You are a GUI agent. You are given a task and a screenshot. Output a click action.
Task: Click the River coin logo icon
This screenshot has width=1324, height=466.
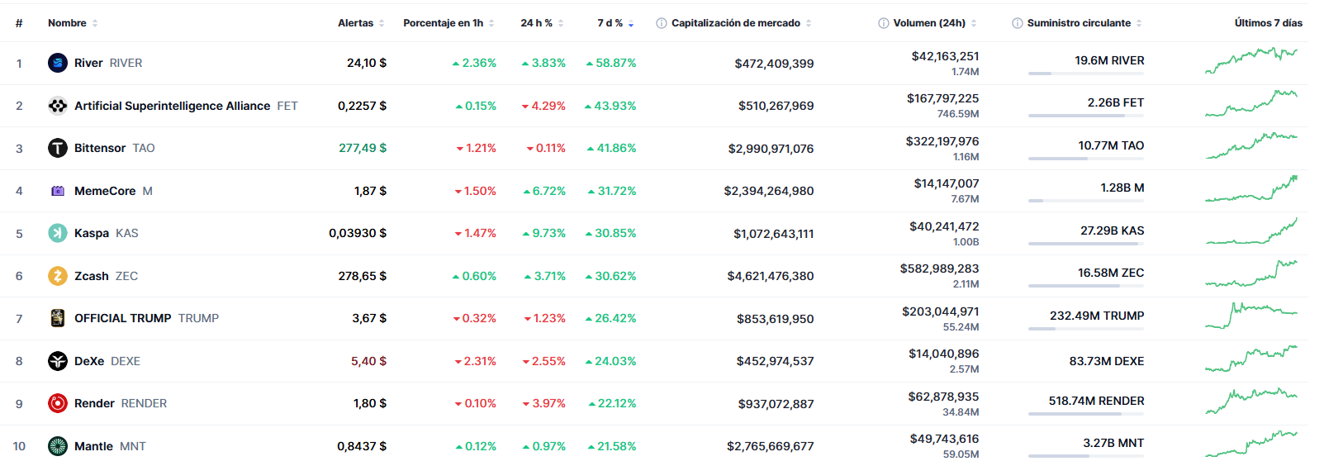click(x=58, y=63)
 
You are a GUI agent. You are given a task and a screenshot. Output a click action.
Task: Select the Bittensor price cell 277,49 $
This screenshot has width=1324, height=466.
click(x=362, y=148)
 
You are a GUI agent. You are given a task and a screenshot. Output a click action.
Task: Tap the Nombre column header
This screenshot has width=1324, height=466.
click(x=67, y=23)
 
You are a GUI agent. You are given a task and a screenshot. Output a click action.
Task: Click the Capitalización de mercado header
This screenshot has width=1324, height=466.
click(x=735, y=23)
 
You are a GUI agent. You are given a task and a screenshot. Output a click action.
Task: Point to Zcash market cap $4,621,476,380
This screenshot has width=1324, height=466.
click(x=770, y=276)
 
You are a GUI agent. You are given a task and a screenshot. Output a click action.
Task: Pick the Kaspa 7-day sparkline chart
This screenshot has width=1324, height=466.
click(x=1250, y=232)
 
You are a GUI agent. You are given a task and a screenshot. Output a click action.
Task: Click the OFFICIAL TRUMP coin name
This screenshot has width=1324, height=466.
click(x=122, y=318)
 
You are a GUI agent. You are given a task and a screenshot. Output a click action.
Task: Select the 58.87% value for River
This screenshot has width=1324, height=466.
click(x=615, y=63)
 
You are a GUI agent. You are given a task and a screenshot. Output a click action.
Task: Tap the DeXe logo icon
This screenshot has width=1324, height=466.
click(x=58, y=361)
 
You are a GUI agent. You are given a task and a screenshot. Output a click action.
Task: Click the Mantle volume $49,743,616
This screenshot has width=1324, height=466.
click(x=944, y=439)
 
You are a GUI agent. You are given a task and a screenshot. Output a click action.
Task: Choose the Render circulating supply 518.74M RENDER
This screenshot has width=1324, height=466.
click(x=1096, y=401)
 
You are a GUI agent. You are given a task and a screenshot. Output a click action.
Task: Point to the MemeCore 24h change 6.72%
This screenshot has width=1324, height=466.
click(x=548, y=191)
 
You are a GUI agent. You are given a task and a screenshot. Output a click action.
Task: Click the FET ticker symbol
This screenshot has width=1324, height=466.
click(x=287, y=106)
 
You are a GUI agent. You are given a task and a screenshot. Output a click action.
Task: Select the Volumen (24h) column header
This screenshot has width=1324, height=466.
click(x=928, y=23)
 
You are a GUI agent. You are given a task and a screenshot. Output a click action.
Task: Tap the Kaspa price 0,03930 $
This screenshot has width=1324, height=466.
click(x=357, y=233)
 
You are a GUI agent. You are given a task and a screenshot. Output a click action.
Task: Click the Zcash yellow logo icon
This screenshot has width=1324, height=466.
click(x=58, y=276)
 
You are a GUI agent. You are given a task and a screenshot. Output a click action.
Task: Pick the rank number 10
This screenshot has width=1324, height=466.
click(x=19, y=446)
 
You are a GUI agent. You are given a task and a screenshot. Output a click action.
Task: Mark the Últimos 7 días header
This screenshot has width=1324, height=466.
click(x=1268, y=23)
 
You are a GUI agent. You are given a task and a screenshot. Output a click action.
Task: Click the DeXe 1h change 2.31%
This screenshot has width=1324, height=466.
click(x=479, y=361)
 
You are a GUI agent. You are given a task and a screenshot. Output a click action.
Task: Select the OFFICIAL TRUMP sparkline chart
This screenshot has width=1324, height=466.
click(x=1250, y=316)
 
